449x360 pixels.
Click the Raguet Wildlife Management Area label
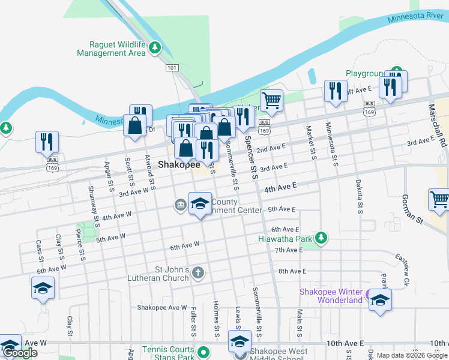[x=112, y=49]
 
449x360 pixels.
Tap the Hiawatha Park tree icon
[x=321, y=238]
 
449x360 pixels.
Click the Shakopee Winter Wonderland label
[x=331, y=296]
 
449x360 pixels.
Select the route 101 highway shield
[x=172, y=68]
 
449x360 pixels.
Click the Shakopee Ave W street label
[x=162, y=307]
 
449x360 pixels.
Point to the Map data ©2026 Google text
[x=411, y=355]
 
